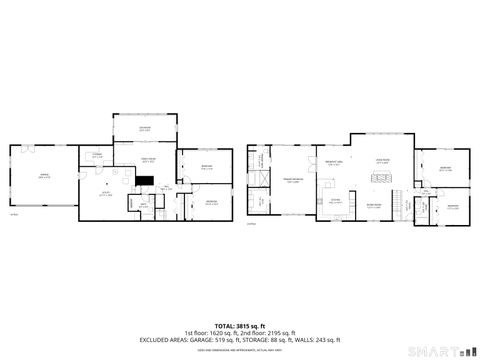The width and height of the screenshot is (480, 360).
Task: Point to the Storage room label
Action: (98, 155)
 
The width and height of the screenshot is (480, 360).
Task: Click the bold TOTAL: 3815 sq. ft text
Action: (239, 325)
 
